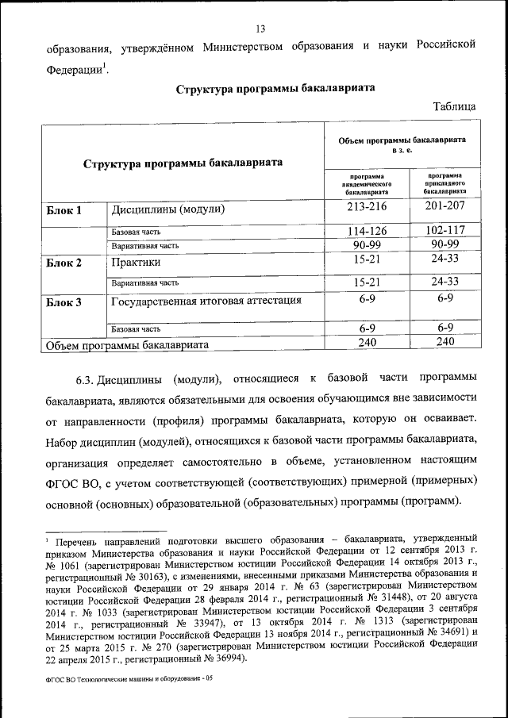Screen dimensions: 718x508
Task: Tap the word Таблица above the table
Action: coord(454,106)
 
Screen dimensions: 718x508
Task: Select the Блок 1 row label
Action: coord(62,210)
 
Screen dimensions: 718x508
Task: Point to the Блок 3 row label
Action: coord(63,301)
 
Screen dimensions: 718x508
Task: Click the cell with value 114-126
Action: coord(366,231)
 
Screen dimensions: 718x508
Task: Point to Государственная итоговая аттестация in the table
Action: coord(206,301)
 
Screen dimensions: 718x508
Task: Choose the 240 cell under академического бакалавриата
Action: coord(366,342)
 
